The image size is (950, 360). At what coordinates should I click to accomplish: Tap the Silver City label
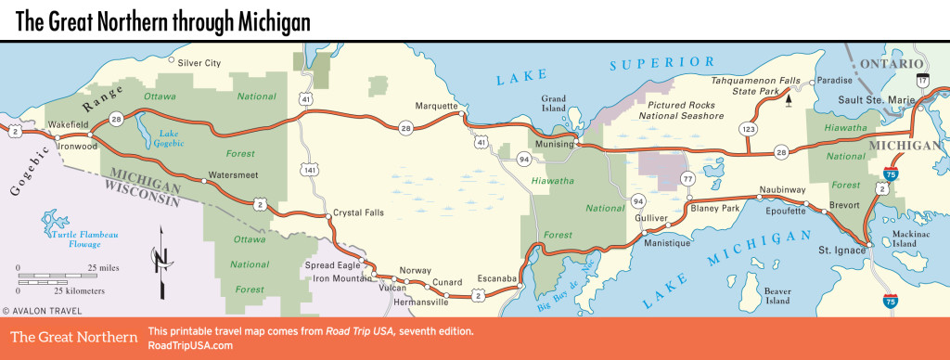pos(199,63)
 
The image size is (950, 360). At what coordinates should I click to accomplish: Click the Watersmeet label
pos(232,174)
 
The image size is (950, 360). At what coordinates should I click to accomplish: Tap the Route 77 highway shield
pos(687,178)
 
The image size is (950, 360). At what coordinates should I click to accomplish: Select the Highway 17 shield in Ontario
pos(921,81)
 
